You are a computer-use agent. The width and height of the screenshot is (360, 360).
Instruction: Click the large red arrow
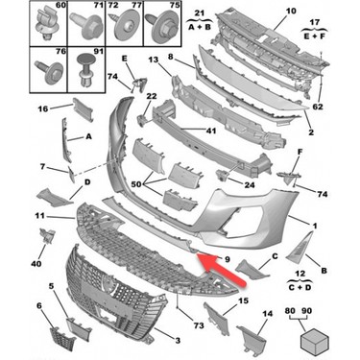220,268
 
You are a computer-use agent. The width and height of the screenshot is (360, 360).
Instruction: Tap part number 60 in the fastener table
60,6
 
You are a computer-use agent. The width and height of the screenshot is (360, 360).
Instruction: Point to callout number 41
211,131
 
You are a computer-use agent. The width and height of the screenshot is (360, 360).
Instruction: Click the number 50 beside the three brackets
136,184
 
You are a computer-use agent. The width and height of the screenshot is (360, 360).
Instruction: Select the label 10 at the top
291,12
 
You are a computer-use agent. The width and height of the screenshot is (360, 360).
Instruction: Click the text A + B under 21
200,27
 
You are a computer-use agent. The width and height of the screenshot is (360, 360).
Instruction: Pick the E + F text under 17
314,36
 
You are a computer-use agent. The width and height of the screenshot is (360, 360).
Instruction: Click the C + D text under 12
300,287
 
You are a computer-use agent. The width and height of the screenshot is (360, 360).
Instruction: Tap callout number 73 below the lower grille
199,325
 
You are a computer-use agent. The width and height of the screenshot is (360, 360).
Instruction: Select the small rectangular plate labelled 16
83,109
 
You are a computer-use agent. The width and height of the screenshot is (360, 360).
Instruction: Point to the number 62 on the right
318,107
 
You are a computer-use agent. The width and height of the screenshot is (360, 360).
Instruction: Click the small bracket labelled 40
47,236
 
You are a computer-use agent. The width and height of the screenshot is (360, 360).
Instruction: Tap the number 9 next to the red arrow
228,259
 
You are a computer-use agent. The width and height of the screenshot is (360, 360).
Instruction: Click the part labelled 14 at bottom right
252,338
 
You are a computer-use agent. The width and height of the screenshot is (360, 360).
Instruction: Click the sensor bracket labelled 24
223,175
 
